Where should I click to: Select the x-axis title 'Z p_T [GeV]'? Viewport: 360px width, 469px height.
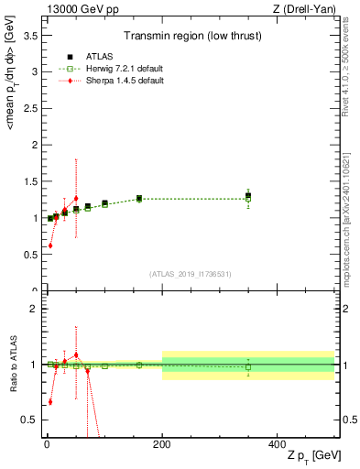[x=310, y=456]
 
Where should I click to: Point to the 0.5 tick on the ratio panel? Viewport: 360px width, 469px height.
[x=33, y=420]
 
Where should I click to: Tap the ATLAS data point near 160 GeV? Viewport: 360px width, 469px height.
[x=139, y=198]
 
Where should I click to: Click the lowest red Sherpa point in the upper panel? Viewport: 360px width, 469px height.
[x=50, y=245]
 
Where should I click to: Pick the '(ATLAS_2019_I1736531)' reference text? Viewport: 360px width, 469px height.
[x=191, y=273]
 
